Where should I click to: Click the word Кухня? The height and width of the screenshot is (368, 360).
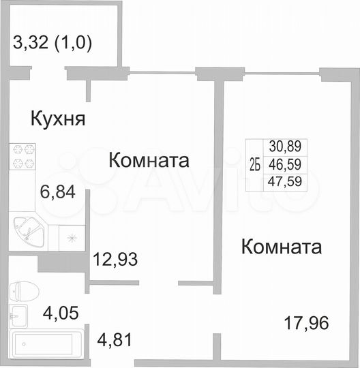click(58, 120)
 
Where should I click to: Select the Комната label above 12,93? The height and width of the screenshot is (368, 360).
click(149, 161)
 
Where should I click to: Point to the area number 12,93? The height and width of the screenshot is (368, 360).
click(117, 259)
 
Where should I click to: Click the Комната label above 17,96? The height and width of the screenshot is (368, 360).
click(282, 246)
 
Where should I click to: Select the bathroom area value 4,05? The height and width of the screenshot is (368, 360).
click(61, 313)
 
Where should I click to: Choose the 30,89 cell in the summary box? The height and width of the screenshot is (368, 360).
click(288, 146)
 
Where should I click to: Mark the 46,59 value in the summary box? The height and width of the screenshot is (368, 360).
click(288, 164)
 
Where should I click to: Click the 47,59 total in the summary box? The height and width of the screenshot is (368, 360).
click(288, 181)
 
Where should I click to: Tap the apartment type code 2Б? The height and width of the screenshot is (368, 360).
click(254, 164)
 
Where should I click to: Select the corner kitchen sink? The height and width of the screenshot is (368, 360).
click(28, 232)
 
